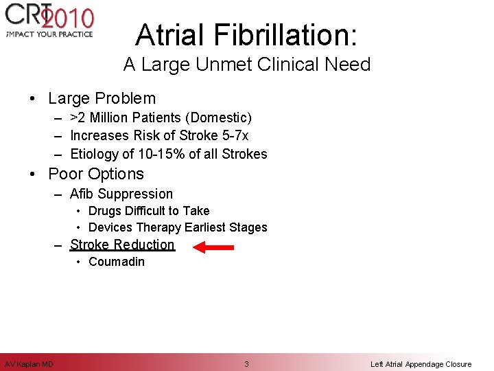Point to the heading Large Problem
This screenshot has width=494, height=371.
(102, 98)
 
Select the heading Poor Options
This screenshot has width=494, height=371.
(96, 174)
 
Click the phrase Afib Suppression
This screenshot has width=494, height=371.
(121, 194)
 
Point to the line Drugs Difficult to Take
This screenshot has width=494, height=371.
(149, 211)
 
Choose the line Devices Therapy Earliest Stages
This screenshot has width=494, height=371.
(178, 227)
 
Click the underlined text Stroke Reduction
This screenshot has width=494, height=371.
(122, 245)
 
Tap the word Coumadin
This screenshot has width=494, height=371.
(117, 262)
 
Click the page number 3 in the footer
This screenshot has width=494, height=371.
(247, 364)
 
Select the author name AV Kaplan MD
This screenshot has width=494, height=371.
(29, 364)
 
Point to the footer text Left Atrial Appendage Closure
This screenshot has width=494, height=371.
(421, 364)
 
